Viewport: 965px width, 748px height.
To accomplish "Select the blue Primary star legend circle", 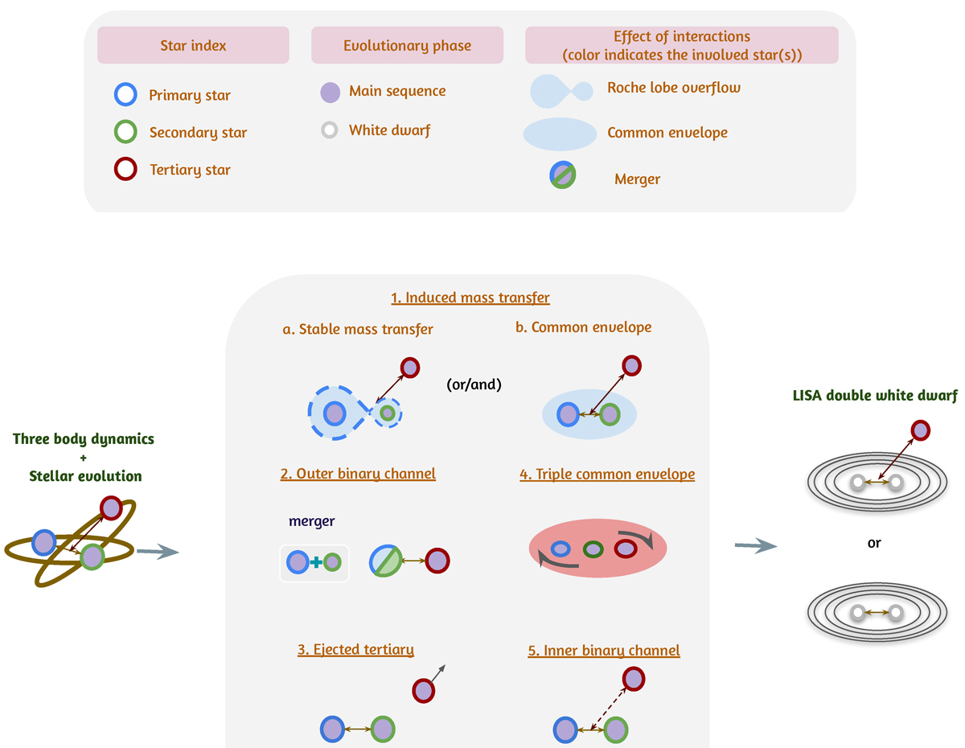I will [x=124, y=95].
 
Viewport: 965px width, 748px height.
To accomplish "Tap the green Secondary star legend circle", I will [x=124, y=132].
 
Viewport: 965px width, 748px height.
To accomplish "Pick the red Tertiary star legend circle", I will [x=124, y=169].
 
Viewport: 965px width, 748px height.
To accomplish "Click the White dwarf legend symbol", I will [x=328, y=130].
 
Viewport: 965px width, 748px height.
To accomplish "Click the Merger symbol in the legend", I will [x=562, y=177].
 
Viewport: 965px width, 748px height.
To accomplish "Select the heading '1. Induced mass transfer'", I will [x=470, y=298].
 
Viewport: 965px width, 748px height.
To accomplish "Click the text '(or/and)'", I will [x=474, y=384].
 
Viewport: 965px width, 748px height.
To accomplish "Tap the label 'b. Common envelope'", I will [x=584, y=327].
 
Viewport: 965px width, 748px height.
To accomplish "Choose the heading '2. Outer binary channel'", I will [x=358, y=474].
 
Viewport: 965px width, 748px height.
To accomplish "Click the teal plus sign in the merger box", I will [x=315, y=562].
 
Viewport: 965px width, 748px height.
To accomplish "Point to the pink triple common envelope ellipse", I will [x=597, y=550].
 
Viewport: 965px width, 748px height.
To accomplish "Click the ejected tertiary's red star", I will [x=424, y=690].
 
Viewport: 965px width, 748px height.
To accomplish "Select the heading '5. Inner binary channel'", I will [x=603, y=651].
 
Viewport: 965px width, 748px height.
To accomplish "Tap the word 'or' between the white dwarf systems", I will [x=874, y=543].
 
